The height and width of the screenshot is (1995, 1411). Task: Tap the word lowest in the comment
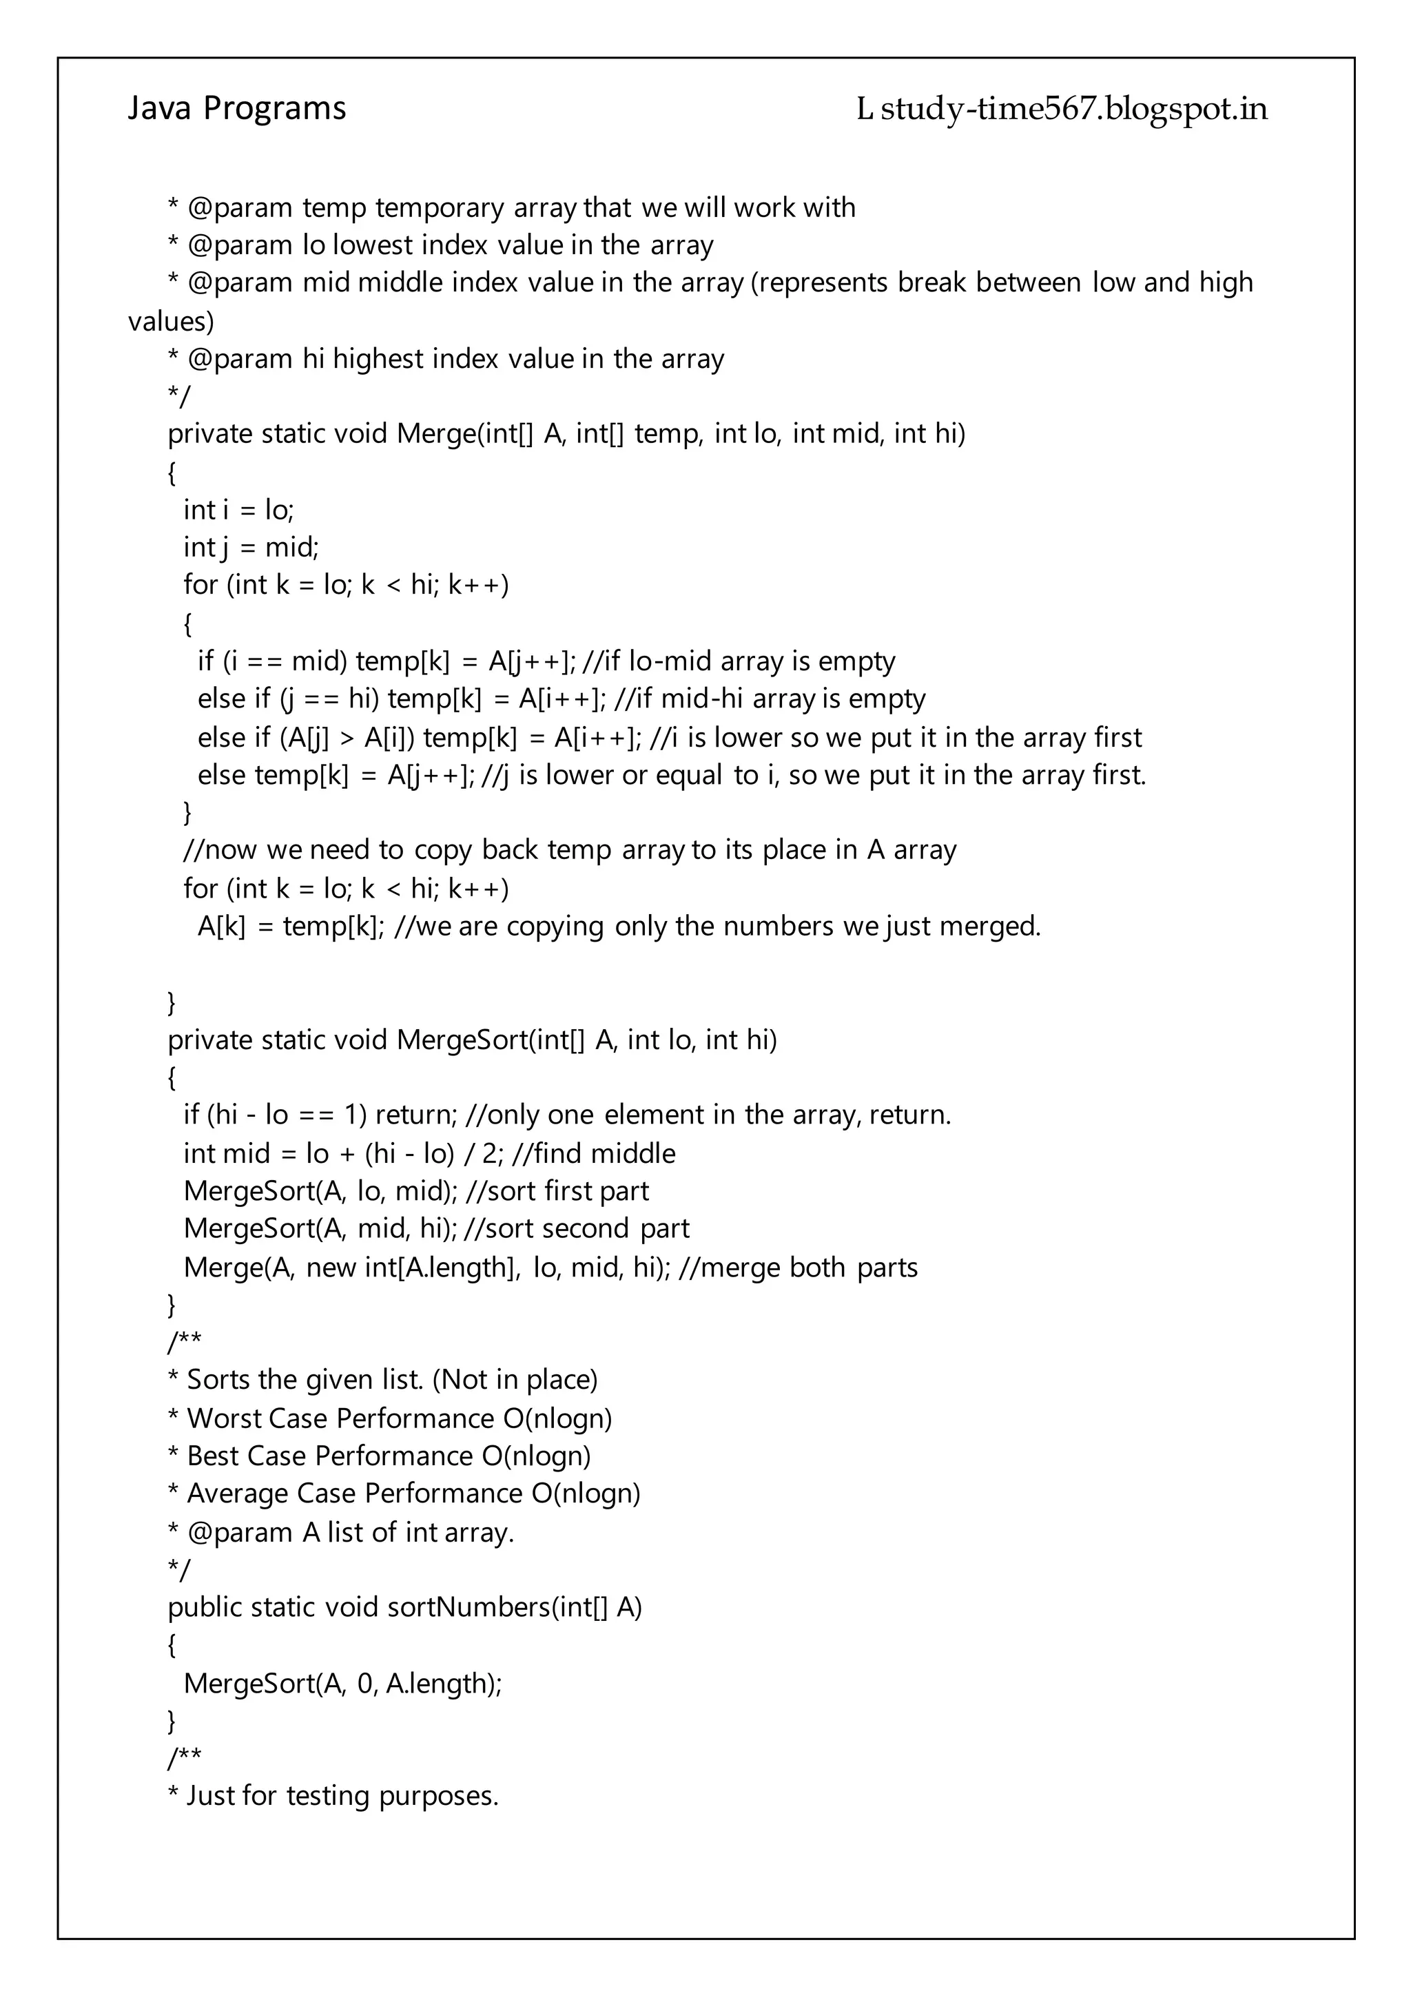373,246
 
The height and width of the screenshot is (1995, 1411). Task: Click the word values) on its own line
170,322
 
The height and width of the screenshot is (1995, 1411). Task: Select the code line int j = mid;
251,548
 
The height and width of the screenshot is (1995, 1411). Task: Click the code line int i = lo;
238,510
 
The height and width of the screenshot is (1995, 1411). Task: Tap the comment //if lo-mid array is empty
739,661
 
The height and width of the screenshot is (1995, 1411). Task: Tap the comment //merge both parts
798,1268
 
